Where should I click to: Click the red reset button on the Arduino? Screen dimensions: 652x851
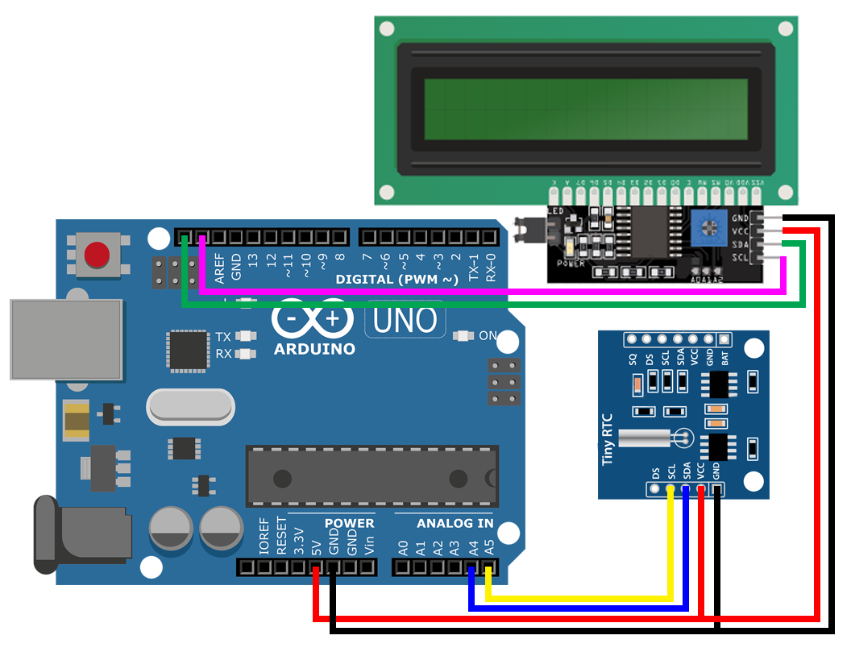tap(98, 254)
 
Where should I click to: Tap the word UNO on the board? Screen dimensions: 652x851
tap(406, 320)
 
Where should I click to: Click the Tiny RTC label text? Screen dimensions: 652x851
tap(608, 438)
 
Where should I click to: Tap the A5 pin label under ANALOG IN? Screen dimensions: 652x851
tap(488, 550)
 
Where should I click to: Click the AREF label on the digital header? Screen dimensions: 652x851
tap(219, 264)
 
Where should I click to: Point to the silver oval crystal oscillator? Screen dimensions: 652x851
tap(190, 408)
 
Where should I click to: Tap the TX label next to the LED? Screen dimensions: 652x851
tap(223, 337)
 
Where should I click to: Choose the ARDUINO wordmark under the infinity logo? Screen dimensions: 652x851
tap(314, 350)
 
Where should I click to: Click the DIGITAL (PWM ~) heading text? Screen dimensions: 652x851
tap(397, 280)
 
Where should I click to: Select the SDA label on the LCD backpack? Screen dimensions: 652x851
tap(740, 243)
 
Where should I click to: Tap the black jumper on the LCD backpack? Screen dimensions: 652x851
tap(533, 229)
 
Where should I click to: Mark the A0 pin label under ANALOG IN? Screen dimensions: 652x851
tap(403, 550)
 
